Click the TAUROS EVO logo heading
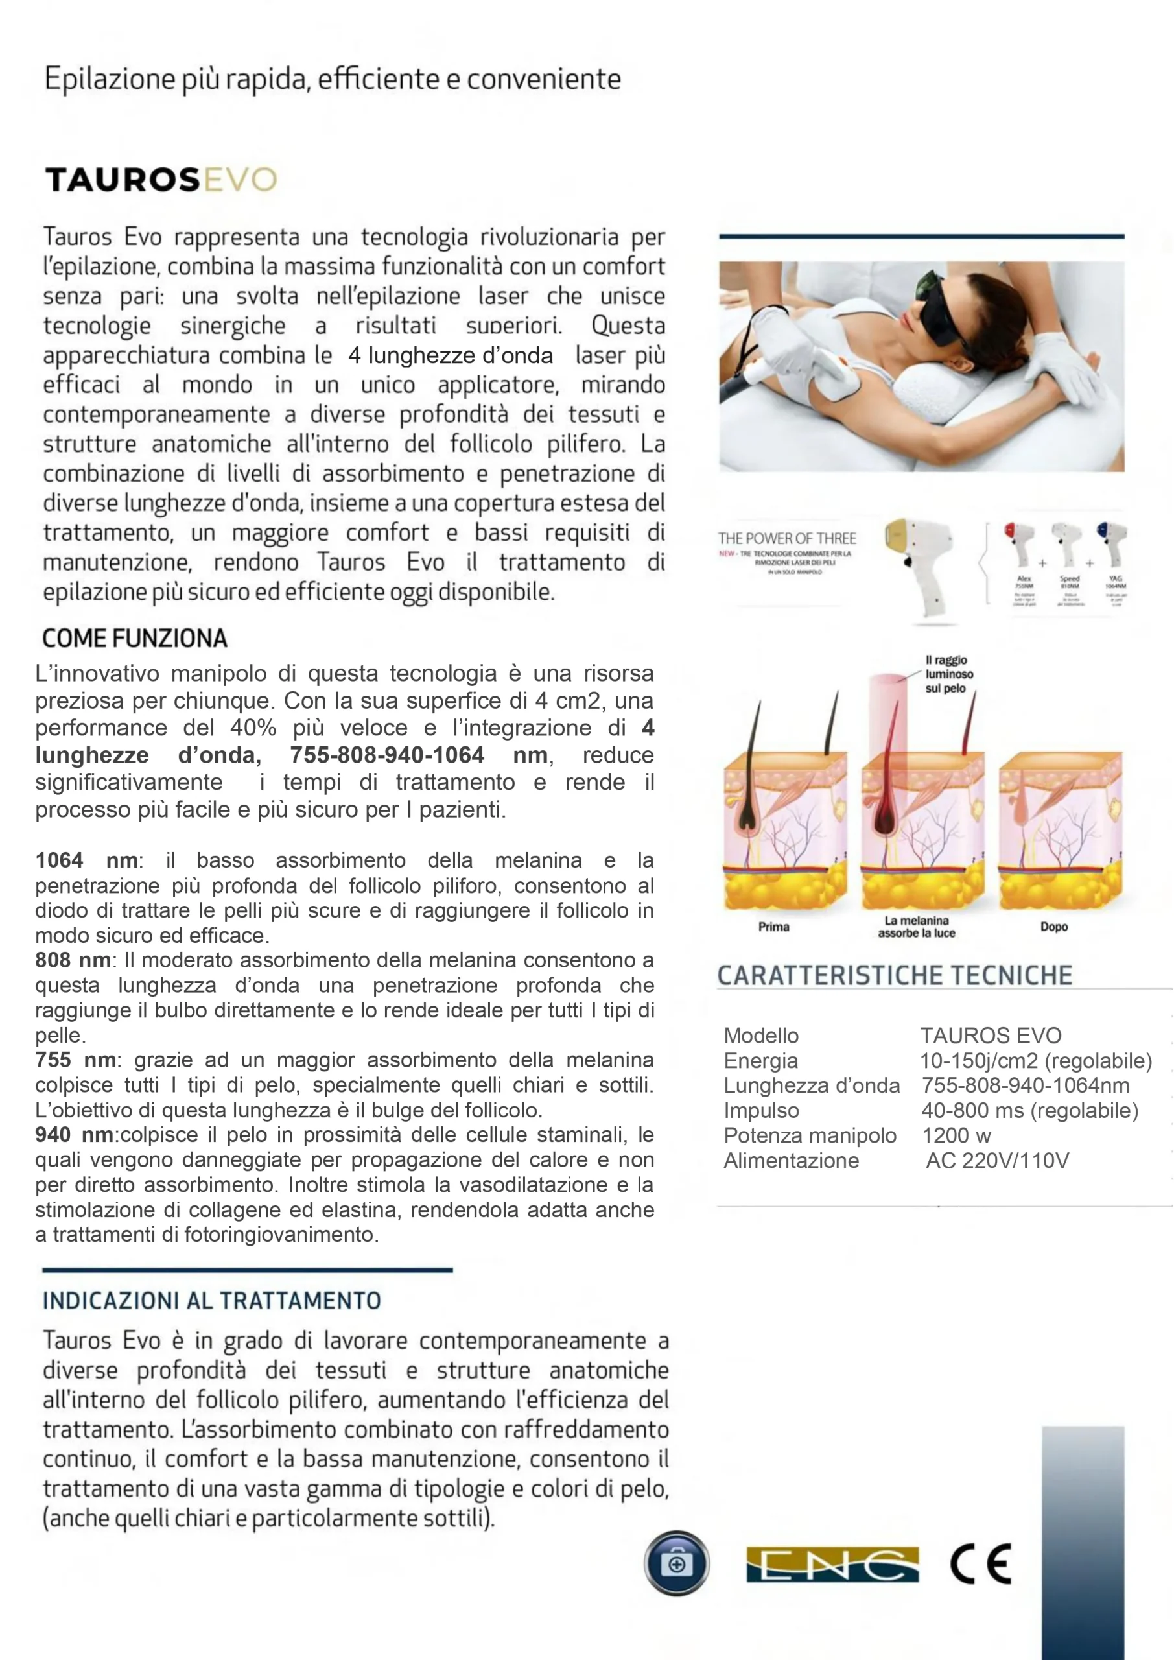tap(161, 180)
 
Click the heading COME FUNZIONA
tap(134, 639)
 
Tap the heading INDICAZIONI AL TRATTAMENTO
tap(211, 1301)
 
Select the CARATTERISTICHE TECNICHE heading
tap(894, 975)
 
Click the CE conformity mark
tap(980, 1564)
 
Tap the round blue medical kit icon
tap(676, 1563)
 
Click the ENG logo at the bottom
tap(832, 1565)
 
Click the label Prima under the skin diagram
tap(773, 927)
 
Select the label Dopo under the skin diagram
tap(1053, 927)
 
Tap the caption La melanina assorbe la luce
tap(916, 927)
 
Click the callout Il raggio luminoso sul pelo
tap(948, 674)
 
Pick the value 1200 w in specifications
tap(956, 1136)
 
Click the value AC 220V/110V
tap(997, 1161)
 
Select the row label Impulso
tap(761, 1111)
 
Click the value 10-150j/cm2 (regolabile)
tap(1035, 1061)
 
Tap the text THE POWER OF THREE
tap(786, 539)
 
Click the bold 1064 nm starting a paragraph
tap(86, 860)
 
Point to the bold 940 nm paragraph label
tap(74, 1135)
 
